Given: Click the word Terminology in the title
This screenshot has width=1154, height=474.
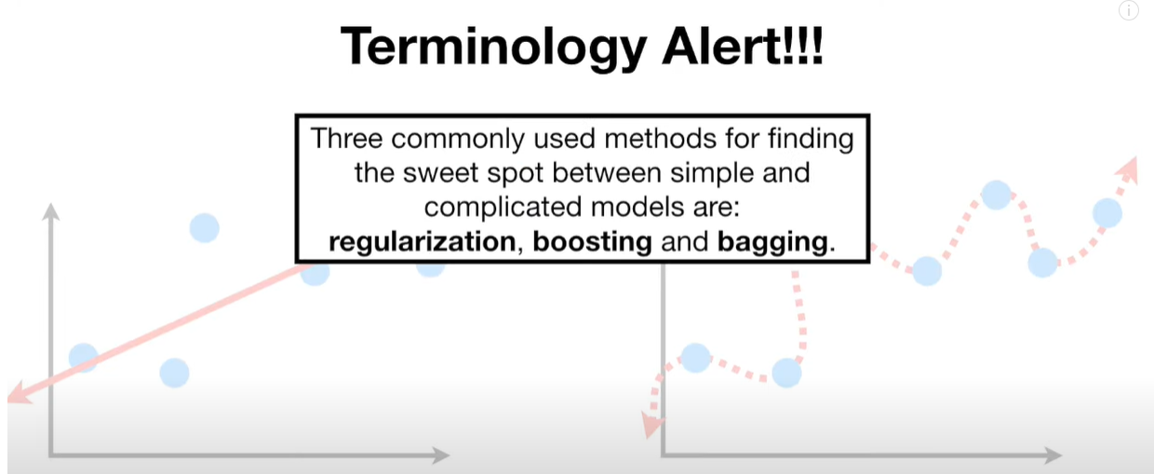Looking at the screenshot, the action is pyautogui.click(x=493, y=47).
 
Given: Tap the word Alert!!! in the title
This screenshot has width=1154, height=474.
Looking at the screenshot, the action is pyautogui.click(x=743, y=47).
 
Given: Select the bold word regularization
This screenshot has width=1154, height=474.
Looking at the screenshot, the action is pyautogui.click(x=422, y=241).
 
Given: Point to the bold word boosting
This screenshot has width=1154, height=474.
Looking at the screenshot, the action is pyautogui.click(x=593, y=241).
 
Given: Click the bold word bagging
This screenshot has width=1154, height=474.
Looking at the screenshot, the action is pyautogui.click(x=772, y=241).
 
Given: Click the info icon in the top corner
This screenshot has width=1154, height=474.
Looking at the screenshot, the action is pyautogui.click(x=1128, y=10).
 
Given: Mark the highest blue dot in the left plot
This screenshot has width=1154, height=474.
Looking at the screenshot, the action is pyautogui.click(x=205, y=228).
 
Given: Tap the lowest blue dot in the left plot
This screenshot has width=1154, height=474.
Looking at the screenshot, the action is pyautogui.click(x=175, y=372).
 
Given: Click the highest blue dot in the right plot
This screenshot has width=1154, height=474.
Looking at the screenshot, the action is pyautogui.click(x=997, y=195).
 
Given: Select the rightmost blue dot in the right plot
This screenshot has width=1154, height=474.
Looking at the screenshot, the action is pyautogui.click(x=1107, y=212).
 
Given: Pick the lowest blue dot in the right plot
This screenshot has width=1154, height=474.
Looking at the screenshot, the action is pyautogui.click(x=786, y=372).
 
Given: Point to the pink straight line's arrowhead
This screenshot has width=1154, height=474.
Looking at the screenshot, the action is pyautogui.click(x=19, y=394).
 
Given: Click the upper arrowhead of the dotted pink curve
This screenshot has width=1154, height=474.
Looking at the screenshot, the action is pyautogui.click(x=1128, y=169).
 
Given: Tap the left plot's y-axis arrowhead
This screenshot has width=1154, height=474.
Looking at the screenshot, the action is pyautogui.click(x=50, y=211).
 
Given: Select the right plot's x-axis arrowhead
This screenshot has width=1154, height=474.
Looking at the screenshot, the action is pyautogui.click(x=1053, y=455).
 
